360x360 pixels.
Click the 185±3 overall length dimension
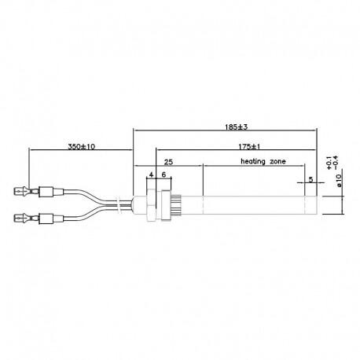[236, 127]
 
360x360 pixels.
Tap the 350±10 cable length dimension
[82, 146]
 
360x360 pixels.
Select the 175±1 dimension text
[249, 147]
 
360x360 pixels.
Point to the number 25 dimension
[168, 162]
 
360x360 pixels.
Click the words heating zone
[263, 161]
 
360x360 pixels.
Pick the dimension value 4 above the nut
[151, 174]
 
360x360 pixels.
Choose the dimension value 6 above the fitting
[163, 174]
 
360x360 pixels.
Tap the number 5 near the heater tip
[310, 179]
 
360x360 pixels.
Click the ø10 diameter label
[339, 181]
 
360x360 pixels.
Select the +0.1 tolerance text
[329, 163]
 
